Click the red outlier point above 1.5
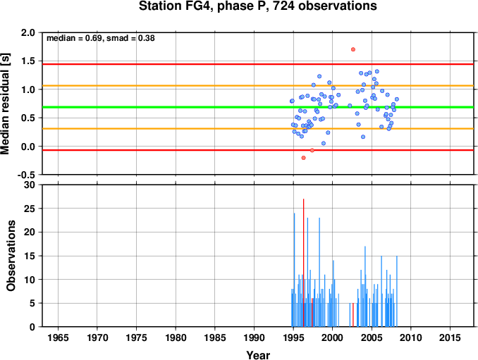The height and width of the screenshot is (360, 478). pyautogui.click(x=353, y=49)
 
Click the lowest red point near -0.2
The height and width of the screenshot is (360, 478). pyautogui.click(x=303, y=158)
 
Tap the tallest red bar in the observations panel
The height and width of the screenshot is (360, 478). pyautogui.click(x=303, y=263)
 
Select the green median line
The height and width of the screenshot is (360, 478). pyautogui.click(x=258, y=107)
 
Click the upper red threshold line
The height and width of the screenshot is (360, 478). pyautogui.click(x=258, y=64)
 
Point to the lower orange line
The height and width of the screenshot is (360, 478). pyautogui.click(x=258, y=129)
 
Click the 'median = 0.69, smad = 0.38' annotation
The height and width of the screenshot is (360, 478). pyautogui.click(x=101, y=38)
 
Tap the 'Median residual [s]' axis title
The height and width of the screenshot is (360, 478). pyautogui.click(x=5, y=104)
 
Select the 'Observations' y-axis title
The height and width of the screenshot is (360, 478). pyautogui.click(x=11, y=256)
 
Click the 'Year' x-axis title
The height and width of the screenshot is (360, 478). pyautogui.click(x=258, y=355)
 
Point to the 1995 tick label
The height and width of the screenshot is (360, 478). pyautogui.click(x=293, y=337)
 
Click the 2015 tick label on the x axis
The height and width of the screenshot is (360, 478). pyautogui.click(x=450, y=337)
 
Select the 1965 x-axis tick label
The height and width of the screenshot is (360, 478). pyautogui.click(x=58, y=337)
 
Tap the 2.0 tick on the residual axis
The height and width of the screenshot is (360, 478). pyautogui.click(x=27, y=32)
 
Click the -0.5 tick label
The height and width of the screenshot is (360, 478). pyautogui.click(x=25, y=175)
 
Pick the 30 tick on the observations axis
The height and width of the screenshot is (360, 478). pyautogui.click(x=30, y=185)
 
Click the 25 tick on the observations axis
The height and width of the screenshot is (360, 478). pyautogui.click(x=30, y=209)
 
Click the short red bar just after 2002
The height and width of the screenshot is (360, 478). pyautogui.click(x=353, y=315)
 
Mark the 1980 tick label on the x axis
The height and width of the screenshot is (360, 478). pyautogui.click(x=176, y=337)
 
